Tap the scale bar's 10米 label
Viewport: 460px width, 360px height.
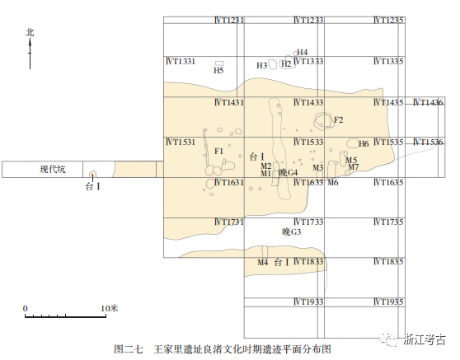tap(110, 308)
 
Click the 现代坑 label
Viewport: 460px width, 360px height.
tap(53, 169)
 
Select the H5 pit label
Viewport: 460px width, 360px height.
tap(218, 70)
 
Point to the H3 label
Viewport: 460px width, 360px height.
tap(261, 65)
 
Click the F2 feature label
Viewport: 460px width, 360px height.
tap(338, 120)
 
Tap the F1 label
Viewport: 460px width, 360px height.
tap(218, 152)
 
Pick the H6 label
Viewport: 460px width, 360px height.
tap(364, 143)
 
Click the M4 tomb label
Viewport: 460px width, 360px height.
tap(263, 262)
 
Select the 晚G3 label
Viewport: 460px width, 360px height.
tap(292, 231)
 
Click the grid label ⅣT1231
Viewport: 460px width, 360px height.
tap(229, 20)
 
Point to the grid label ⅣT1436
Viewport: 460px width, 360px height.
tap(428, 102)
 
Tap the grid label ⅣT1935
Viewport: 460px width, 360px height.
tap(388, 302)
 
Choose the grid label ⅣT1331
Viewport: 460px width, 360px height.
tap(181, 61)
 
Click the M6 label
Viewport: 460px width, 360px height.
tap(333, 183)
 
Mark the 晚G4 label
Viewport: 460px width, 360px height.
tap(288, 172)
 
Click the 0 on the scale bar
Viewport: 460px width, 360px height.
tap(26, 308)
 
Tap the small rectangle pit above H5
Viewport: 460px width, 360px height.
tap(219, 63)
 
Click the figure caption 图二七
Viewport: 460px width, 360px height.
tap(129, 349)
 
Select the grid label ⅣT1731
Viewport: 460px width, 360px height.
tap(229, 222)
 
